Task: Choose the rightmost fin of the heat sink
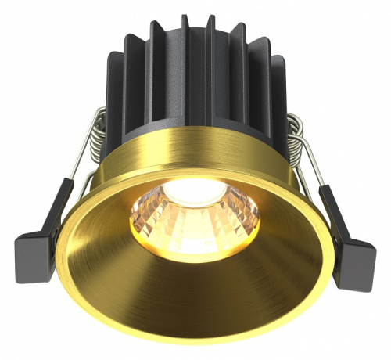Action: point(277,94)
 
